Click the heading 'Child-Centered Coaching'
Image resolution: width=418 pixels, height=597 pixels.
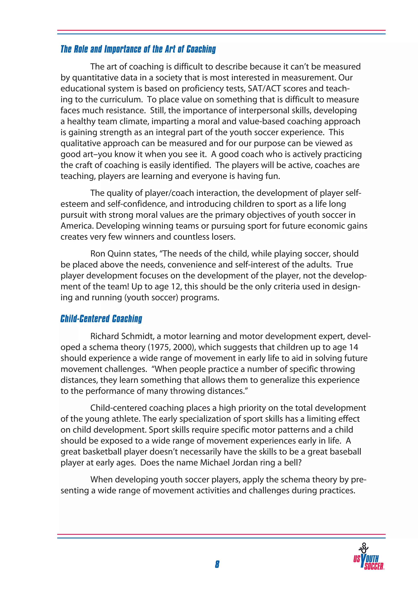pos(101,319)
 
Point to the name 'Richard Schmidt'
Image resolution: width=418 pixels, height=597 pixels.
pos(122,336)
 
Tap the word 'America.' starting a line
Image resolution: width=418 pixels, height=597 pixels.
pos(77,226)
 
